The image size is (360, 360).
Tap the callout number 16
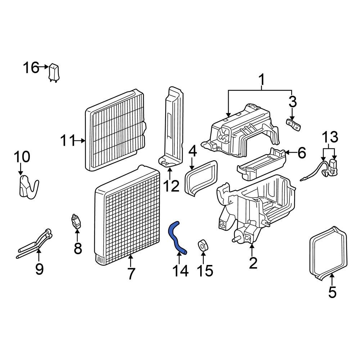click(x=31, y=67)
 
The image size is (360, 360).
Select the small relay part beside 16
click(x=54, y=72)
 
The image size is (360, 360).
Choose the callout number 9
click(x=39, y=268)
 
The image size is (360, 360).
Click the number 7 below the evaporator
click(x=131, y=274)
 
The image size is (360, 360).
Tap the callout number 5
click(x=332, y=292)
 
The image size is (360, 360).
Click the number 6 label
click(x=301, y=153)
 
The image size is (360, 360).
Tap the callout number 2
click(x=253, y=263)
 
